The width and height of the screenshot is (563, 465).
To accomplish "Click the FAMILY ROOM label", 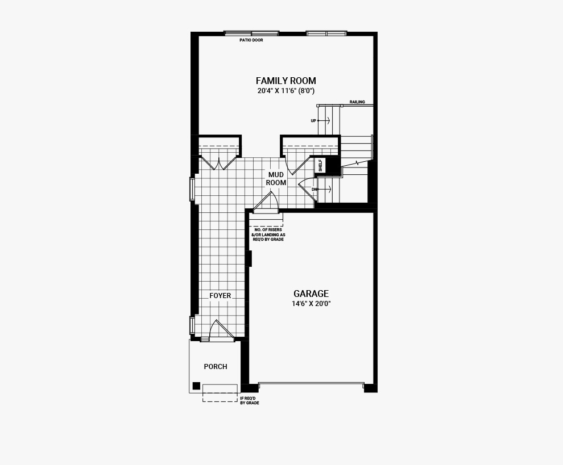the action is [x=286, y=81].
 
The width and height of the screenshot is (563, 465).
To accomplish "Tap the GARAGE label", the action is [x=311, y=294].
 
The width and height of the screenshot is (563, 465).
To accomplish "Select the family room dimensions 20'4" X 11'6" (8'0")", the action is [x=286, y=91].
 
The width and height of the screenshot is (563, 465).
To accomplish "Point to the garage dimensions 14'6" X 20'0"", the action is [x=311, y=304].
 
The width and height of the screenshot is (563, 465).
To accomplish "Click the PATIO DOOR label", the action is [x=251, y=40].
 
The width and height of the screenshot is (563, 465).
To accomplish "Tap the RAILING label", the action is [x=357, y=102].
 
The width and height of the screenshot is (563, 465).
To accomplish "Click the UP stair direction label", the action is [x=313, y=121].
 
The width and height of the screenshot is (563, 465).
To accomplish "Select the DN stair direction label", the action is [x=314, y=189].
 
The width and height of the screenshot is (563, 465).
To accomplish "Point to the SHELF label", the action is [x=320, y=165].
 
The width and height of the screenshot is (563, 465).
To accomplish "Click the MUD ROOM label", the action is [x=276, y=178].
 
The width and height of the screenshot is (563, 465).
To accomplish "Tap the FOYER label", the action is [x=221, y=296].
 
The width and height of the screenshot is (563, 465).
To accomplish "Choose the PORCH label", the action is [x=216, y=366].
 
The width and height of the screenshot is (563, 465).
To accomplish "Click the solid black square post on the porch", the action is [x=196, y=386].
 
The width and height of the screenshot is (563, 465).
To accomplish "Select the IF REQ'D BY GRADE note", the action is [x=250, y=400].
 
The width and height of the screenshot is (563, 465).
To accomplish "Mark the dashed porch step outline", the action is [x=220, y=393].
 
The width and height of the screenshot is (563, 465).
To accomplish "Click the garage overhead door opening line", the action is [x=311, y=383].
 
